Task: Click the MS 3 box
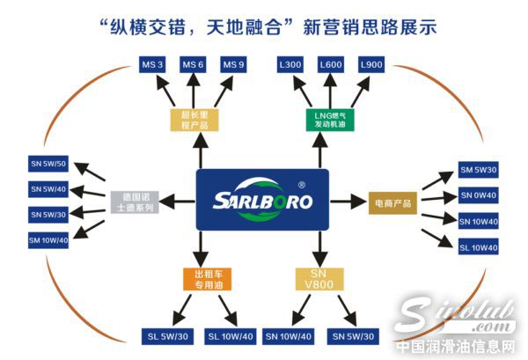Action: click(x=152, y=65)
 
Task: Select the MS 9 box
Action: click(x=232, y=65)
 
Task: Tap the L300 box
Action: click(x=290, y=65)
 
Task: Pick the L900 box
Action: click(x=370, y=65)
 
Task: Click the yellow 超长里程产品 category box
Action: click(x=193, y=119)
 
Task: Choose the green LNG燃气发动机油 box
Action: click(x=330, y=119)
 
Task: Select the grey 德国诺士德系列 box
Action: click(x=134, y=202)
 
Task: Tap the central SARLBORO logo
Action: click(x=262, y=200)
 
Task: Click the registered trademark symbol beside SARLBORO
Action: click(x=302, y=186)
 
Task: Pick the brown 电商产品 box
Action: click(x=390, y=202)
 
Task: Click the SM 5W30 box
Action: click(x=479, y=170)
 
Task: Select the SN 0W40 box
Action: click(x=479, y=195)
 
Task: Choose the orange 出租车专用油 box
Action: click(x=204, y=280)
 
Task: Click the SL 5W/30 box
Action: click(x=165, y=336)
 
